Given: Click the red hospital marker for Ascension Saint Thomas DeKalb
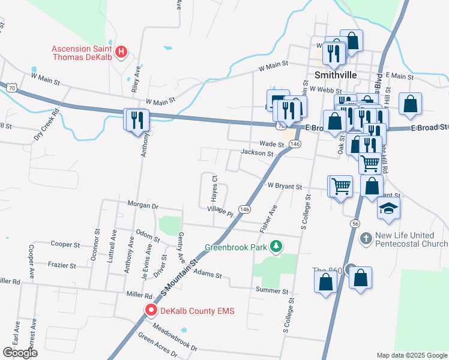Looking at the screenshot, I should (x=121, y=52).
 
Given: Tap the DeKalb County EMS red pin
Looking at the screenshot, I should (x=150, y=310).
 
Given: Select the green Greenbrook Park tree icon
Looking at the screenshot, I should (x=276, y=246).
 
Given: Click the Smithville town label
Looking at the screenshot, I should (x=336, y=75).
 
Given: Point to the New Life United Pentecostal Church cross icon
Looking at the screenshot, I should (x=366, y=239).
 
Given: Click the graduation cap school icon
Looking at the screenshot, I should (x=388, y=209).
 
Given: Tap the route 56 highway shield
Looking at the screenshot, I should (x=354, y=223).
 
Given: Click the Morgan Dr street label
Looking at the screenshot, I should (x=143, y=205).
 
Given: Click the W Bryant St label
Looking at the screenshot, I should (x=285, y=187).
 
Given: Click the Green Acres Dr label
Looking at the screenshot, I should (x=157, y=346).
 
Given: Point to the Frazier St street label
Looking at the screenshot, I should (x=61, y=265).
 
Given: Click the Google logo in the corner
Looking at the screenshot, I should (x=20, y=353).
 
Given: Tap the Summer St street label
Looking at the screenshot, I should (x=273, y=291).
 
